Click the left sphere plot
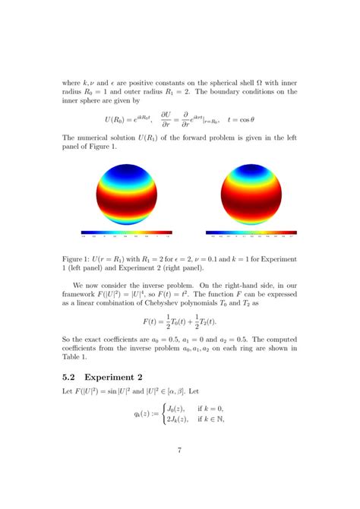pyautogui.click(x=121, y=194)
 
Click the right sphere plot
pyautogui.click(x=250, y=194)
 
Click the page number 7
pyautogui.click(x=179, y=451)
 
